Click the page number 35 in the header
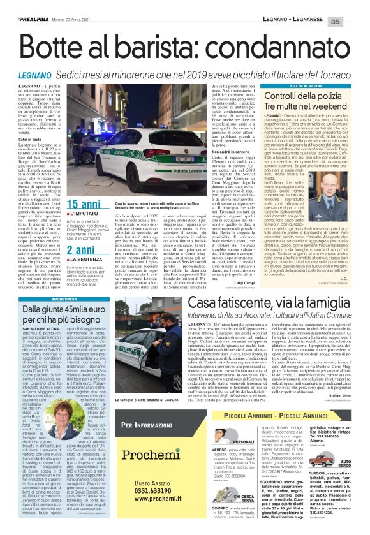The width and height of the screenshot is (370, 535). click(x=355, y=6)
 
